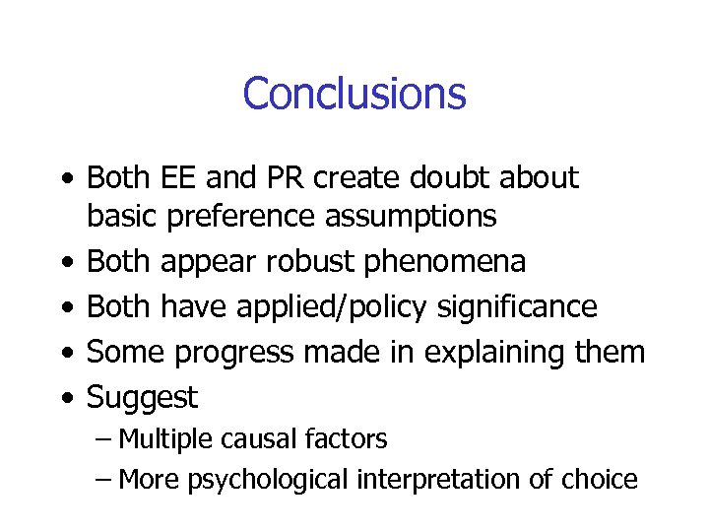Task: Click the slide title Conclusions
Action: point(354,94)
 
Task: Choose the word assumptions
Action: point(416,216)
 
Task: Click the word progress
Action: point(248,353)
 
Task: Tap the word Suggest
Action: point(143,398)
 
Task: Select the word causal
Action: point(254,439)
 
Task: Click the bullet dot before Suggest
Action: point(64,398)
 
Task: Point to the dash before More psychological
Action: point(104,481)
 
